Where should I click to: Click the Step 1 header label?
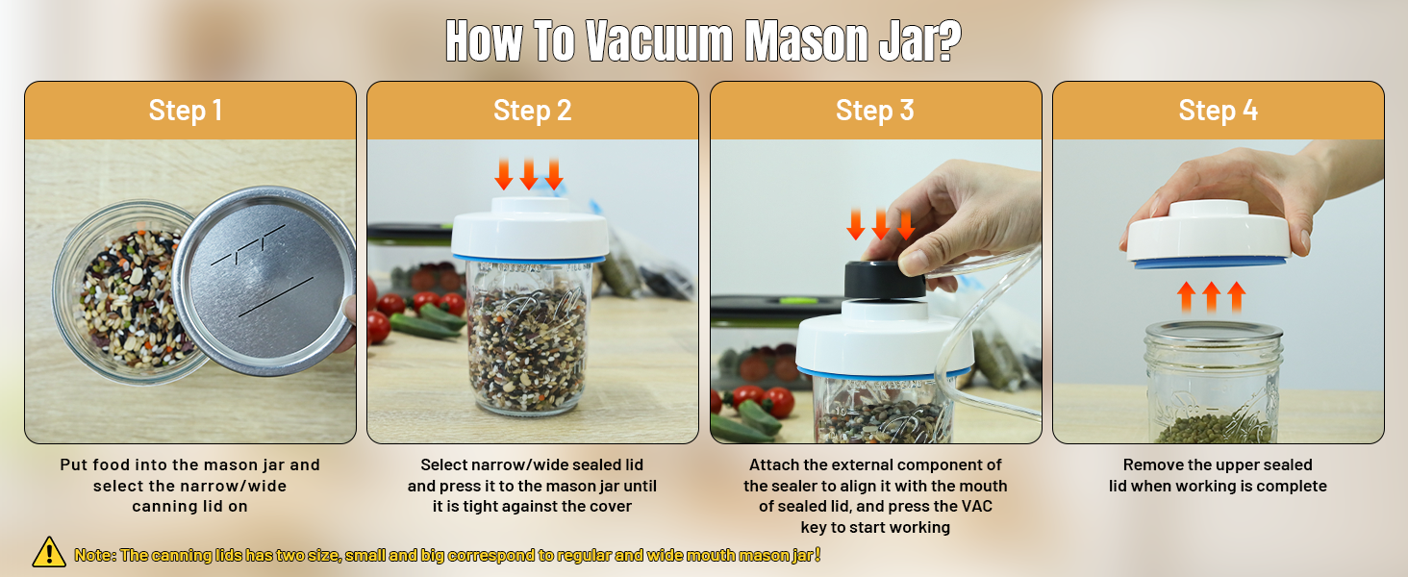(x=186, y=111)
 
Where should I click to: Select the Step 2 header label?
(x=532, y=111)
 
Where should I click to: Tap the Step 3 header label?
(x=874, y=111)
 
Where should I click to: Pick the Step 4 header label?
(x=1218, y=111)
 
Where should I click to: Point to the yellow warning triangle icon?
(x=49, y=552)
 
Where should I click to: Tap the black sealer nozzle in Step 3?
(x=885, y=278)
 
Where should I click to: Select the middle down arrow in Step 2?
(x=529, y=174)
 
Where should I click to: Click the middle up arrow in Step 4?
(x=1212, y=296)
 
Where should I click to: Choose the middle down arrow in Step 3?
(x=880, y=224)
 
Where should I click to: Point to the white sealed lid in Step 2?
(x=529, y=232)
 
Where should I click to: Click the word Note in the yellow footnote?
(x=93, y=555)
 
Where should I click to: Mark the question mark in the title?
(x=947, y=40)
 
